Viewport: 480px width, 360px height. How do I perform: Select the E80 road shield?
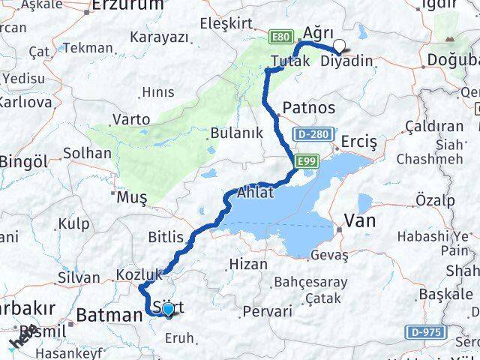[281, 37]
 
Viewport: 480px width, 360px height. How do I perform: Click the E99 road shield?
[304, 160]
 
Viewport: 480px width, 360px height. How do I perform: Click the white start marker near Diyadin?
[340, 46]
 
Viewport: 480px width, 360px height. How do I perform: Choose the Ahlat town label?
[255, 192]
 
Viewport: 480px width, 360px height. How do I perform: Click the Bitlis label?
[165, 238]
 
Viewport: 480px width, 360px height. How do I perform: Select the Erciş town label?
[358, 142]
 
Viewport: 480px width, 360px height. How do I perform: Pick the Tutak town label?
[290, 61]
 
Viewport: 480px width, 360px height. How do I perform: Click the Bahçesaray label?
[311, 282]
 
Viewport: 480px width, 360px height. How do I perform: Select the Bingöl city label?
[23, 161]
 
